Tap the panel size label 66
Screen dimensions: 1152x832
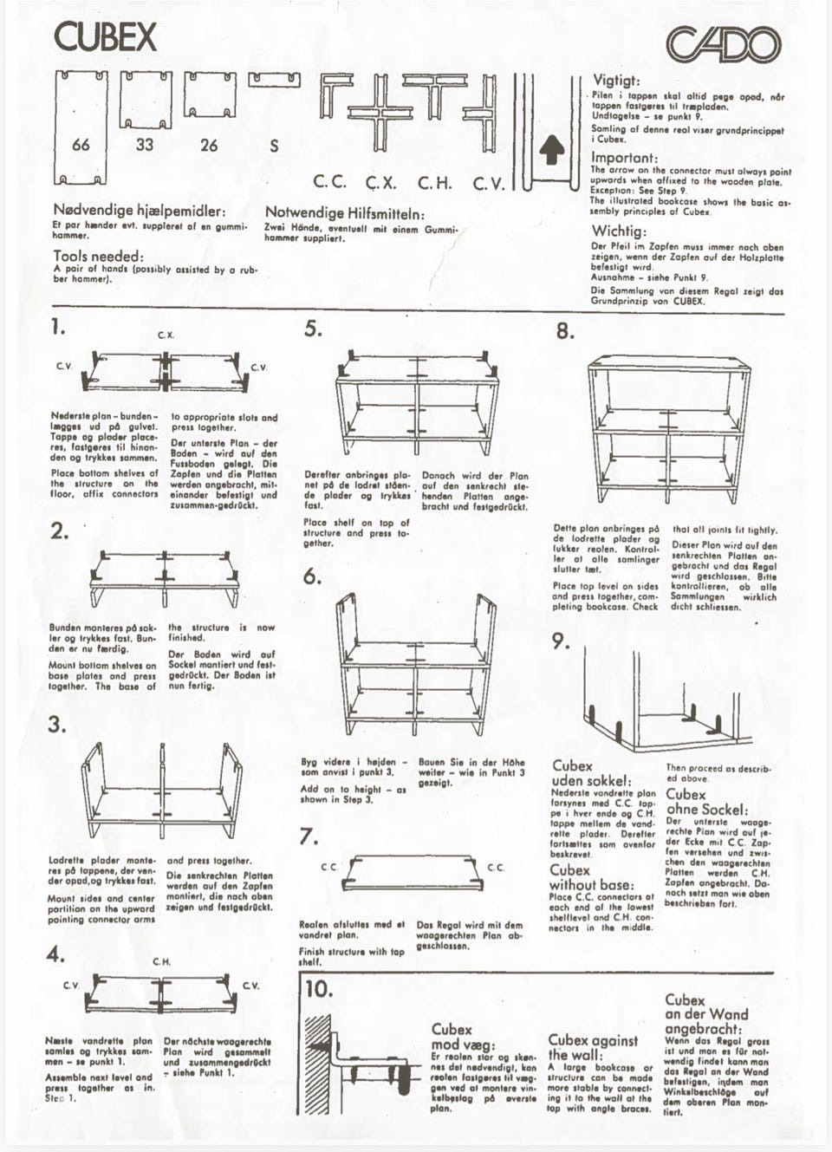tap(81, 145)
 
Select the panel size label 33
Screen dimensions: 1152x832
tap(145, 145)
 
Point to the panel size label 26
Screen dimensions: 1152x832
tap(209, 145)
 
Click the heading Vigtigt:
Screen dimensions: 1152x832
tap(616, 80)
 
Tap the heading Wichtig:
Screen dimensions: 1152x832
tap(619, 231)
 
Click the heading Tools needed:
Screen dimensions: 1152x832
tap(98, 257)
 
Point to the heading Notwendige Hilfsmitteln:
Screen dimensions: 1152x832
tap(344, 212)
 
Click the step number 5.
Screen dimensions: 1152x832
tap(313, 329)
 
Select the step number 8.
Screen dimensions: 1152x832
tap(564, 332)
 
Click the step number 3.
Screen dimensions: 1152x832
tap(57, 726)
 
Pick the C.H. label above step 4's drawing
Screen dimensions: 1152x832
tap(161, 961)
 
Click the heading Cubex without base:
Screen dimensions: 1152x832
tap(590, 877)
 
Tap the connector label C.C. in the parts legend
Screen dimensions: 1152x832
tap(329, 183)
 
